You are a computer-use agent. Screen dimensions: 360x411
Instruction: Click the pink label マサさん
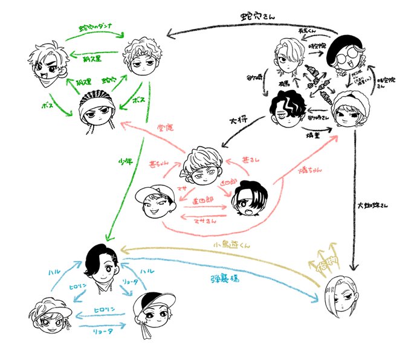[x=201, y=222]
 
